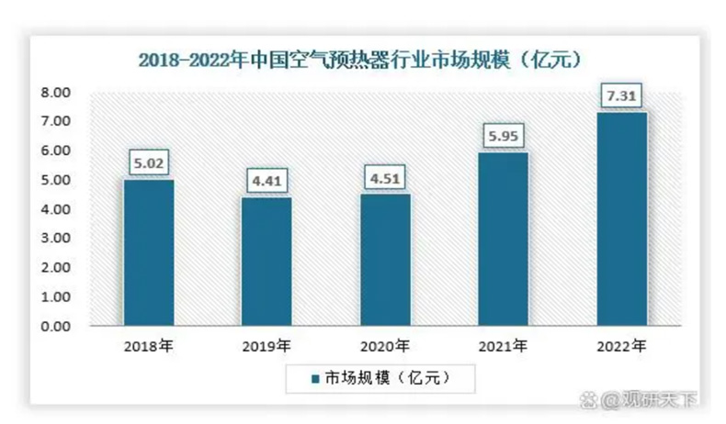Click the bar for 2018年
(149, 252)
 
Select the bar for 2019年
(267, 262)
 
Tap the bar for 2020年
(385, 260)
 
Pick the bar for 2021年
(503, 239)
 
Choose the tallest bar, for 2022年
(622, 218)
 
